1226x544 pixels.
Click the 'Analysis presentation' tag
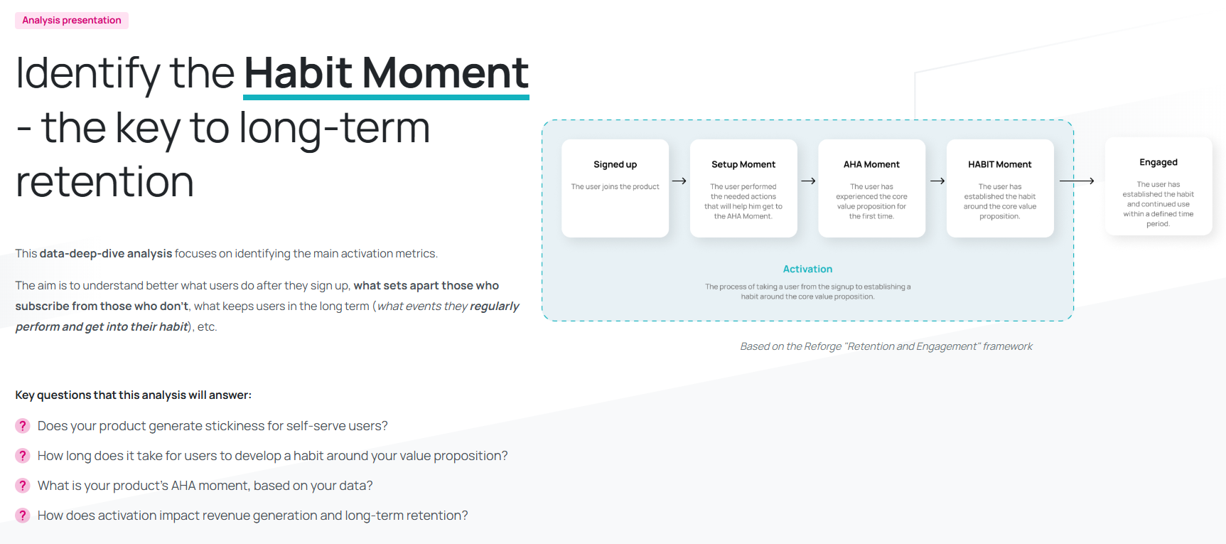[x=72, y=21]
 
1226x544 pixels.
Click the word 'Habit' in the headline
[x=298, y=73]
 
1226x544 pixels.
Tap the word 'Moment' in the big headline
[x=446, y=73]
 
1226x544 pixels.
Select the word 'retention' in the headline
[x=104, y=182]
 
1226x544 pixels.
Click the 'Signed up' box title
[x=615, y=164]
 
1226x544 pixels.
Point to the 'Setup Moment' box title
[x=743, y=164]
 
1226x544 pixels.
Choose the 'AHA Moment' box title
[x=871, y=164]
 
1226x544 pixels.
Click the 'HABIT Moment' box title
[x=1000, y=164]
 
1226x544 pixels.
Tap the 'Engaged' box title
[x=1158, y=163]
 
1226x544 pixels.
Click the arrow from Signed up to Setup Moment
[x=679, y=181]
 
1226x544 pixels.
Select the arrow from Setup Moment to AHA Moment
[x=808, y=181]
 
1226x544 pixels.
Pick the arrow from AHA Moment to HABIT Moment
[x=937, y=181]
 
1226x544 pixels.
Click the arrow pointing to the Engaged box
[x=1077, y=181]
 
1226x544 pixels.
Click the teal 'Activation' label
[x=807, y=269]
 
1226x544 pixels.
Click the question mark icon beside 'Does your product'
[x=23, y=426]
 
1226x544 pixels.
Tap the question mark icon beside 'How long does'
[x=23, y=456]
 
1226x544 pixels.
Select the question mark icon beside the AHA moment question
[x=23, y=486]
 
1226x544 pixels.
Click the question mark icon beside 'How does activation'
[x=23, y=516]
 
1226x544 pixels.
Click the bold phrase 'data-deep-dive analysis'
[x=106, y=254]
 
